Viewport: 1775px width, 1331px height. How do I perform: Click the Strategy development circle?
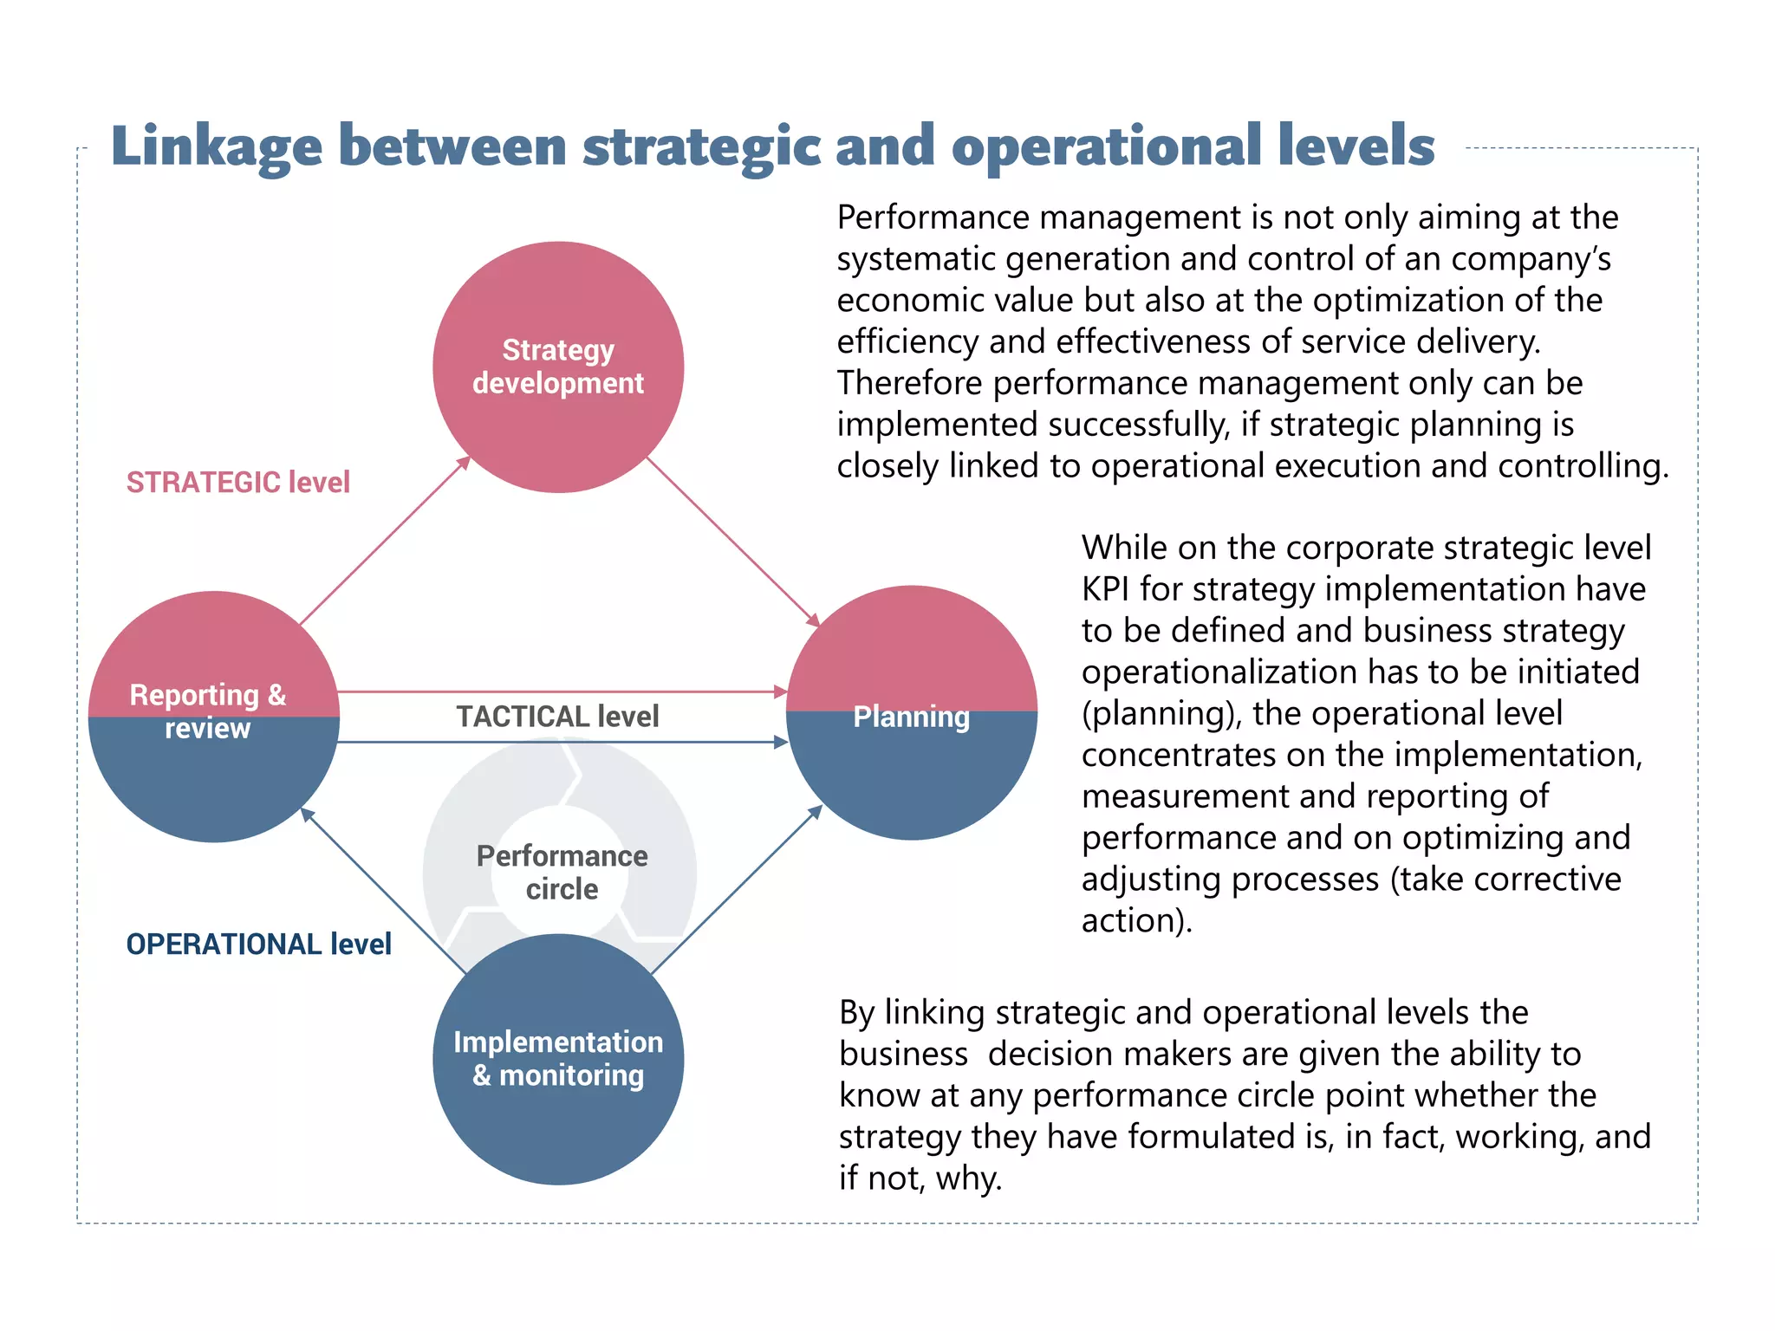[558, 367]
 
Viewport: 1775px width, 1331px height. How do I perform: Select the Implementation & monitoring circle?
[558, 1059]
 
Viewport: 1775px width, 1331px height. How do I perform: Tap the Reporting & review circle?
[213, 716]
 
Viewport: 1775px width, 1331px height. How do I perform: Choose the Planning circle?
[911, 713]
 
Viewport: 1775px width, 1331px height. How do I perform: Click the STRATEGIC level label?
[238, 482]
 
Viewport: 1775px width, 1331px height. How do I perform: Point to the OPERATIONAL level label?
[258, 944]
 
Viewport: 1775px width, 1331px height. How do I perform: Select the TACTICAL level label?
[557, 717]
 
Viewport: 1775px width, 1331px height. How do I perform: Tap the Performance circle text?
[562, 872]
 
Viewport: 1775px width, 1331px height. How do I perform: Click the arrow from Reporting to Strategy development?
[384, 541]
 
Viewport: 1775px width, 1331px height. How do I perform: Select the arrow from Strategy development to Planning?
[732, 541]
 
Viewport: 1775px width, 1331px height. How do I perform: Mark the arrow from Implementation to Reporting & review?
[384, 890]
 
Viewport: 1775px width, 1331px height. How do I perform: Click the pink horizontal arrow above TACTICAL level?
[562, 691]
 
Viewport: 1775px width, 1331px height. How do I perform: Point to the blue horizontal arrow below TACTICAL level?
[562, 742]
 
